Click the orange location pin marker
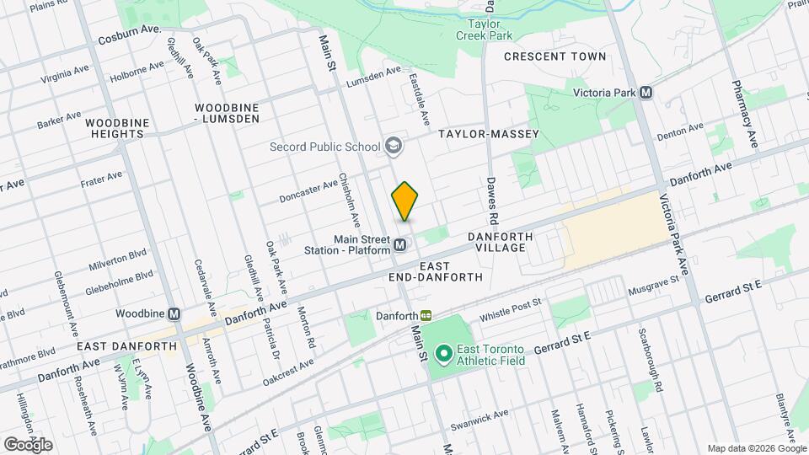click(404, 201)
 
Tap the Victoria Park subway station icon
click(646, 93)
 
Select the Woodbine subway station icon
click(174, 313)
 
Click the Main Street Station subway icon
click(401, 245)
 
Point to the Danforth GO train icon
click(426, 315)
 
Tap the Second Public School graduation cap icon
click(392, 147)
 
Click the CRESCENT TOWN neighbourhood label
click(555, 56)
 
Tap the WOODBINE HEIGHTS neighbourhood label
click(117, 128)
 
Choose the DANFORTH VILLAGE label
click(501, 243)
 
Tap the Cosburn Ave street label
click(130, 35)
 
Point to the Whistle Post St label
click(509, 315)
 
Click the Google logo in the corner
click(28, 444)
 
